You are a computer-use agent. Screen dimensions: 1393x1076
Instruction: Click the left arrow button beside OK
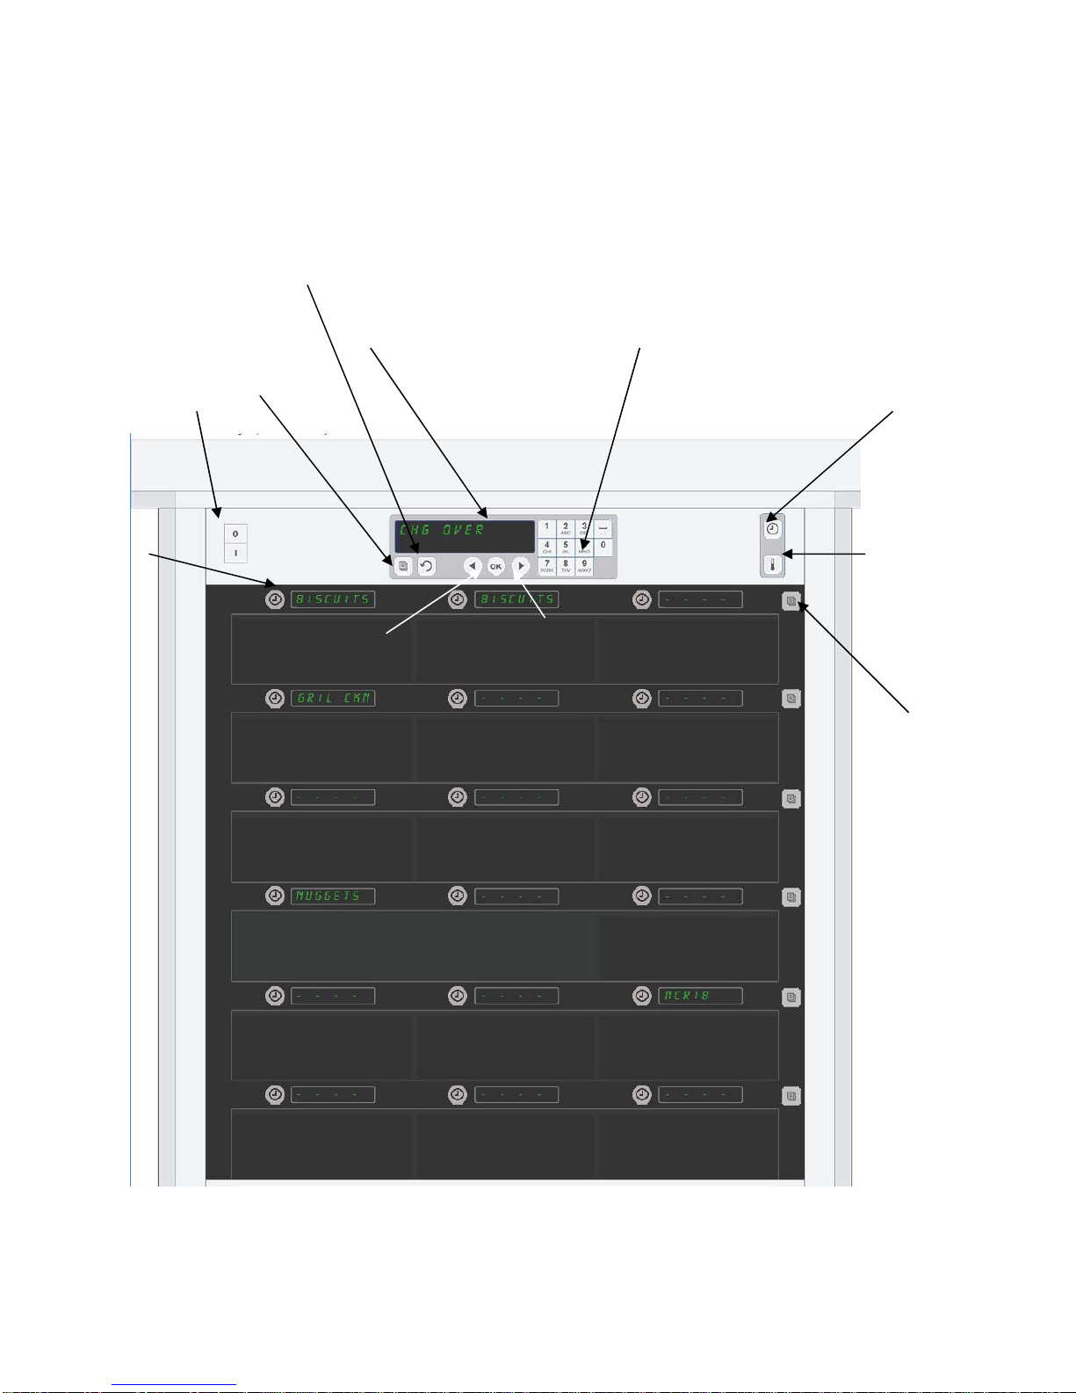point(473,567)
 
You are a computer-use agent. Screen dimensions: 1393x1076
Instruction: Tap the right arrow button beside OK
point(521,567)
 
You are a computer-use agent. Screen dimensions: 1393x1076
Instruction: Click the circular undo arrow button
point(426,567)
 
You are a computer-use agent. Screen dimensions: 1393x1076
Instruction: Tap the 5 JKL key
point(566,547)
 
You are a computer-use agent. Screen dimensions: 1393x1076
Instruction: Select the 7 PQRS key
point(547,566)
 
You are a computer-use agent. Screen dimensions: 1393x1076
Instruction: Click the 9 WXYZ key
point(584,566)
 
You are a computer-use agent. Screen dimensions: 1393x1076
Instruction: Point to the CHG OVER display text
point(442,530)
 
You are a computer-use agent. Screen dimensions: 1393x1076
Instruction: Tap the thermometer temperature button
point(773,564)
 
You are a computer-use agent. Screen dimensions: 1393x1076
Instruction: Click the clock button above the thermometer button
point(773,529)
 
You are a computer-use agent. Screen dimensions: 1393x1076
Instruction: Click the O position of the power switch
point(235,533)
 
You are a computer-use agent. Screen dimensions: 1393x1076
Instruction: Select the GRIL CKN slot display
point(333,698)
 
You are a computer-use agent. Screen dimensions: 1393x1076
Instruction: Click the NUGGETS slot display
point(333,896)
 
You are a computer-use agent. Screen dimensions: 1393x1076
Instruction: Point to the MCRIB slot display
point(700,996)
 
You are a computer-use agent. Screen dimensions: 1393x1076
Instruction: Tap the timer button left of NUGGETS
point(275,896)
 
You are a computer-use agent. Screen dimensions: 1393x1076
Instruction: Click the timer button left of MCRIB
point(642,996)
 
